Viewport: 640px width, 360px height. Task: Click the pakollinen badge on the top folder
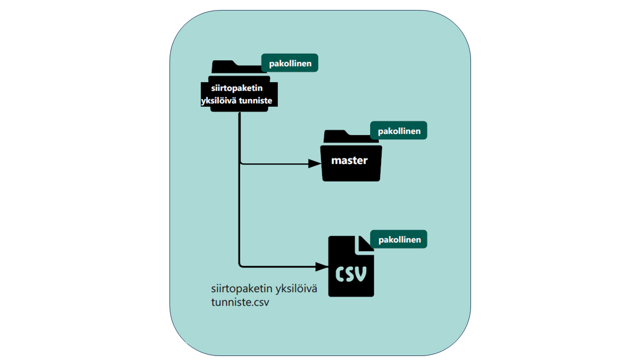pyautogui.click(x=290, y=63)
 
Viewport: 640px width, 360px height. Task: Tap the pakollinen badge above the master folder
pyautogui.click(x=398, y=131)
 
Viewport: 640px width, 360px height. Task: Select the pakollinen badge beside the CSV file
pyautogui.click(x=398, y=239)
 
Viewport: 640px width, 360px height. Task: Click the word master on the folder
pyautogui.click(x=349, y=160)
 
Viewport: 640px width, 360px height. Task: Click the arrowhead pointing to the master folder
pyautogui.click(x=315, y=163)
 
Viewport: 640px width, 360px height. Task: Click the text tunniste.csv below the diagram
pyautogui.click(x=237, y=303)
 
